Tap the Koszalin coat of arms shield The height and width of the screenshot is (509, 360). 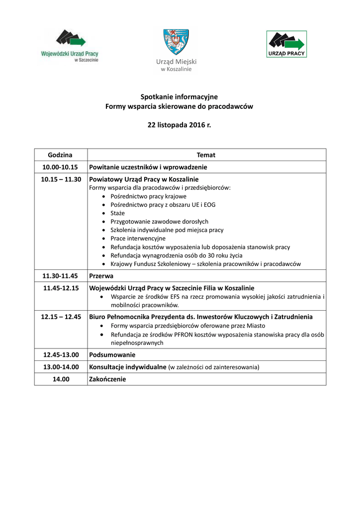coord(176,42)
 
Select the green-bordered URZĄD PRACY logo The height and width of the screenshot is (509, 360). coord(286,44)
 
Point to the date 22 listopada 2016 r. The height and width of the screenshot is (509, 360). coord(179,125)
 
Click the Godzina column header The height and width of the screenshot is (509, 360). coord(60,155)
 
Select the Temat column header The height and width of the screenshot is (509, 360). coord(206,155)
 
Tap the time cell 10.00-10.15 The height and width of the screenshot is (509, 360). coord(60,167)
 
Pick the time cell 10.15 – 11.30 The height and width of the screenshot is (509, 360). coord(61,179)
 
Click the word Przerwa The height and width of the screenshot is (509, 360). coord(101,275)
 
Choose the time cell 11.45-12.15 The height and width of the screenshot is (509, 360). coord(60,288)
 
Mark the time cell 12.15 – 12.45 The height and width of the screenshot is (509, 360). coord(61,317)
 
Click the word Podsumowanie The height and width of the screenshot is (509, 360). coord(112,355)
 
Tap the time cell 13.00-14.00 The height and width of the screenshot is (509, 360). coord(61,367)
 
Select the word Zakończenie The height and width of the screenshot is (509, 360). coord(107,379)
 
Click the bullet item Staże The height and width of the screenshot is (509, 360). coord(118,213)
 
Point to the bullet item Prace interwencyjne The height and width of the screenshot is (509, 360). coord(138,239)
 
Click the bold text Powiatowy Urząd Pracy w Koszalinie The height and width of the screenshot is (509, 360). coord(144,179)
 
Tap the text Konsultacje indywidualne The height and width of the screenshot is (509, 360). coord(127,367)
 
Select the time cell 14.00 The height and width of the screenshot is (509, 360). coord(60,379)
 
